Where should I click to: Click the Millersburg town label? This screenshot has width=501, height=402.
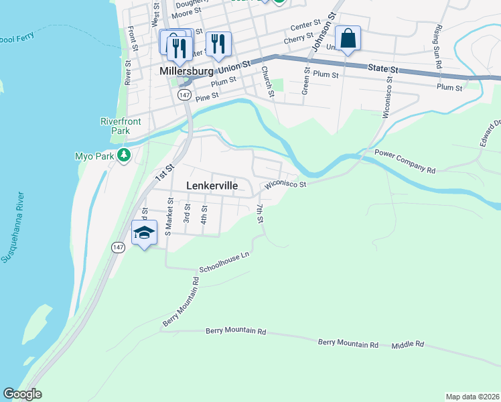coord(187,70)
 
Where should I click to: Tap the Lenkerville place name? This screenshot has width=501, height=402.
coord(211,186)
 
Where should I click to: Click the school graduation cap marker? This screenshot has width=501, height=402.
coord(145,233)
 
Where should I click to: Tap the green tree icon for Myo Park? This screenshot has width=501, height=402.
coord(123,155)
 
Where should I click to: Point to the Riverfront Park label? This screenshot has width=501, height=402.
coord(115,126)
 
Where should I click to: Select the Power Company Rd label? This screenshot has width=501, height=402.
coord(405,161)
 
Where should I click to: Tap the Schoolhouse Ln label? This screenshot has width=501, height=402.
coord(224,262)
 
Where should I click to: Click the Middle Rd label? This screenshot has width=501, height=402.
coord(408,344)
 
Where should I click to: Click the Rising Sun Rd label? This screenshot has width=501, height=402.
coord(439,47)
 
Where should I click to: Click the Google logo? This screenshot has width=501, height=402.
coord(22,394)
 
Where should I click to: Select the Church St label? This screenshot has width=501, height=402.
coord(268,80)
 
